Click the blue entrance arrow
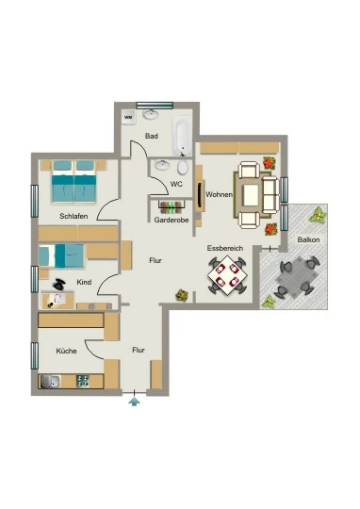pyautogui.click(x=134, y=402)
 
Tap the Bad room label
pyautogui.click(x=152, y=136)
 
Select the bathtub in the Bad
pyautogui.click(x=182, y=138)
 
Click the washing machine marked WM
pyautogui.click(x=128, y=117)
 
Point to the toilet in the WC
pyautogui.click(x=183, y=167)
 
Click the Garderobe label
pyautogui.click(x=172, y=220)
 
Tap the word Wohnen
pyautogui.click(x=220, y=194)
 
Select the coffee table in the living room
pyautogui.click(x=251, y=194)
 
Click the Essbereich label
pyautogui.click(x=225, y=248)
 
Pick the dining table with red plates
pyautogui.click(x=227, y=275)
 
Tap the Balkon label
pyautogui.click(x=308, y=239)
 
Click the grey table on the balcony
pyautogui.click(x=297, y=277)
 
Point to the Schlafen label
pyautogui.click(x=74, y=216)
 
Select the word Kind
pyautogui.click(x=84, y=282)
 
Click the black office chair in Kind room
pyautogui.click(x=59, y=285)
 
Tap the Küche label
pyautogui.click(x=66, y=351)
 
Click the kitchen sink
pyautogui.click(x=50, y=382)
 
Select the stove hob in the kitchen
pyautogui.click(x=82, y=381)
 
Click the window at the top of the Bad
pyautogui.click(x=155, y=106)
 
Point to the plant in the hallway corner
pyautogui.click(x=182, y=295)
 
